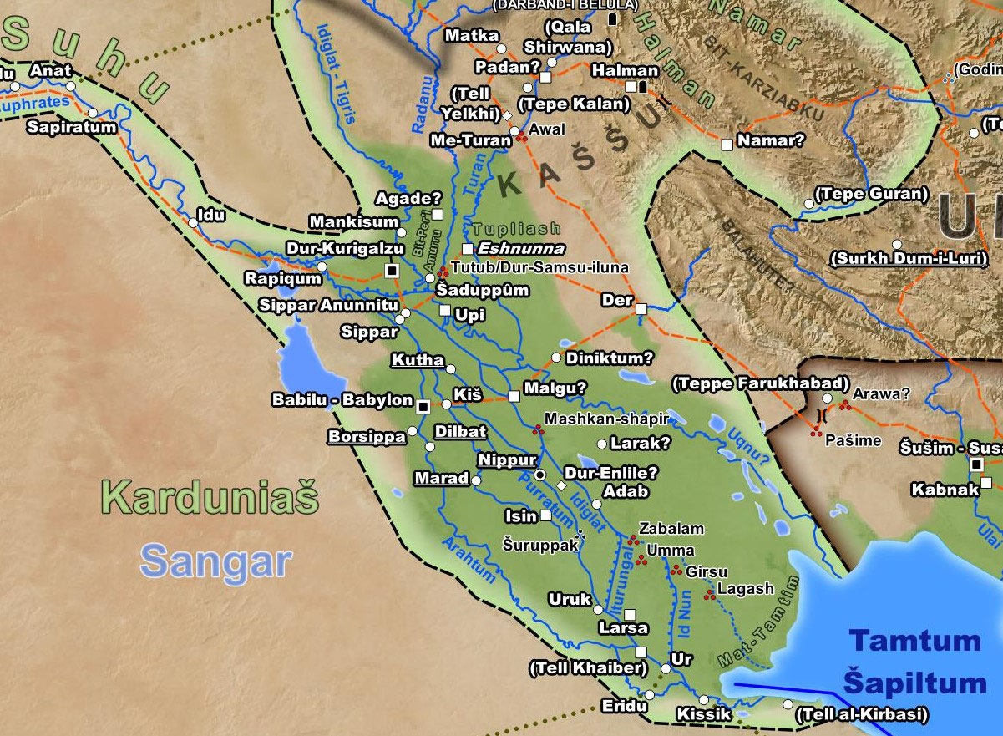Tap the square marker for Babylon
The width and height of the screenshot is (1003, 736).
point(423,406)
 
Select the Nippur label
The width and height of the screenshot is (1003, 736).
point(506,460)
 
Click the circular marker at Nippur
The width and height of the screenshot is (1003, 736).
point(539,475)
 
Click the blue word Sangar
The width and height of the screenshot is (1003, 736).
point(215,561)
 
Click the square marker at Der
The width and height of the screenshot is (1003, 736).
point(641,309)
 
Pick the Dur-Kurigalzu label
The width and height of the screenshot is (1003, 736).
point(346,248)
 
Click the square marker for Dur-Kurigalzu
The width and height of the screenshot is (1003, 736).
point(391,269)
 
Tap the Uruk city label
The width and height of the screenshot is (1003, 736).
point(570,599)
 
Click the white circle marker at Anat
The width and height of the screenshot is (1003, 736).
point(70,85)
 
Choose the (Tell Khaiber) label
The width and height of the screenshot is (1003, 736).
point(588,668)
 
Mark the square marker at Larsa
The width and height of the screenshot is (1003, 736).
point(630,614)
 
